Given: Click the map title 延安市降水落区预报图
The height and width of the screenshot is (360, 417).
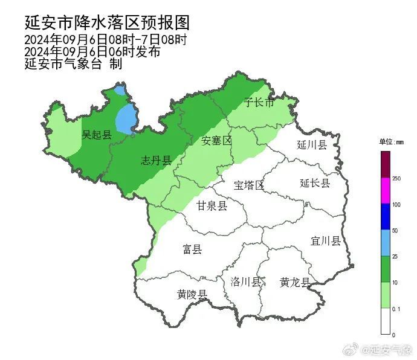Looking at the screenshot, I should (x=107, y=22).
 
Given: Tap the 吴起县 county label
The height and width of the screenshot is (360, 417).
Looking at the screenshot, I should (x=97, y=135).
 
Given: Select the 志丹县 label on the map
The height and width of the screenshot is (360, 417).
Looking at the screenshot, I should (x=156, y=160).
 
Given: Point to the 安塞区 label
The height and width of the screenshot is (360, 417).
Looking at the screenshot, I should (x=216, y=141).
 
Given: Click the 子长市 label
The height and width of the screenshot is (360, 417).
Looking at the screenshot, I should (x=259, y=103).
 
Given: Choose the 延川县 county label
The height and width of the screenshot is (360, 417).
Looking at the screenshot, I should (x=312, y=145).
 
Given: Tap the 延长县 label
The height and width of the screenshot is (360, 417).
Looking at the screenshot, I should (x=315, y=183).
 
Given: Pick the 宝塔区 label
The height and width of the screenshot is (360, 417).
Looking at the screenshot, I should (x=249, y=185).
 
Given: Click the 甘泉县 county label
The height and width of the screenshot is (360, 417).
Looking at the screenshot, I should (x=212, y=207).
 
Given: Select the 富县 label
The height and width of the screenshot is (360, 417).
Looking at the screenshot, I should (x=192, y=249).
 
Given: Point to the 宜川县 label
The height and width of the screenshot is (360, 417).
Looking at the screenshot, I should (x=326, y=241).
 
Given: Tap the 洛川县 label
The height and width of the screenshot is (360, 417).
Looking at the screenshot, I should (x=246, y=282).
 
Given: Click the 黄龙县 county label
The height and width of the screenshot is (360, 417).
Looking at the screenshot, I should (x=295, y=282).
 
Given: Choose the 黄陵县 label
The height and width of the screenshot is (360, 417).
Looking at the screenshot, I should (x=192, y=295).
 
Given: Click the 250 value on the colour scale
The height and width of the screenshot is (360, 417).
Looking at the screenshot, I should (x=396, y=178).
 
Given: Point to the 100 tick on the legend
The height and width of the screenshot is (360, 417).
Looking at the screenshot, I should (x=396, y=204).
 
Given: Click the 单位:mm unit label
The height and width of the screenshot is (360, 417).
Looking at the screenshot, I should (x=392, y=143).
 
